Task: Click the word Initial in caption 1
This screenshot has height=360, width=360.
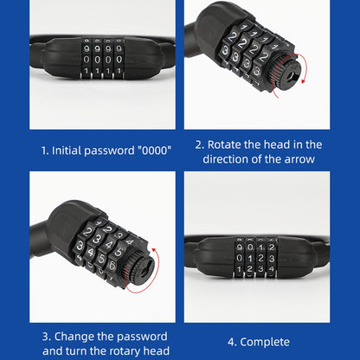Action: pos(71,150)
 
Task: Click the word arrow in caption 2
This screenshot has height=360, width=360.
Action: pos(298,159)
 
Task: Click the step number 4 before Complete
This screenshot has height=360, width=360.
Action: pos(232,342)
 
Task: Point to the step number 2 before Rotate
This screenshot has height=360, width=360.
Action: pos(199,145)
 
